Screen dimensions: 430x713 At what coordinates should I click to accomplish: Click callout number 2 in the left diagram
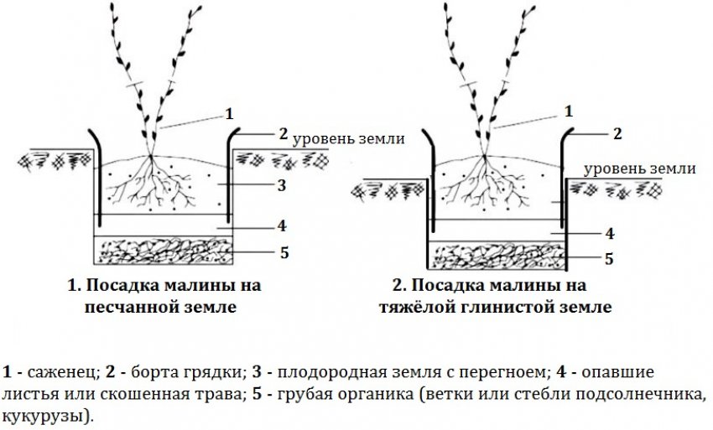pos(284,132)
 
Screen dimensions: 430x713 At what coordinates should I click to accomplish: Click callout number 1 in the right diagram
pos(570,111)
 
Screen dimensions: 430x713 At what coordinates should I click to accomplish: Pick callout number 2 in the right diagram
pos(617,132)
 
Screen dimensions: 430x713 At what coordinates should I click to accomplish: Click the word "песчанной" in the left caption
pos(132,307)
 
